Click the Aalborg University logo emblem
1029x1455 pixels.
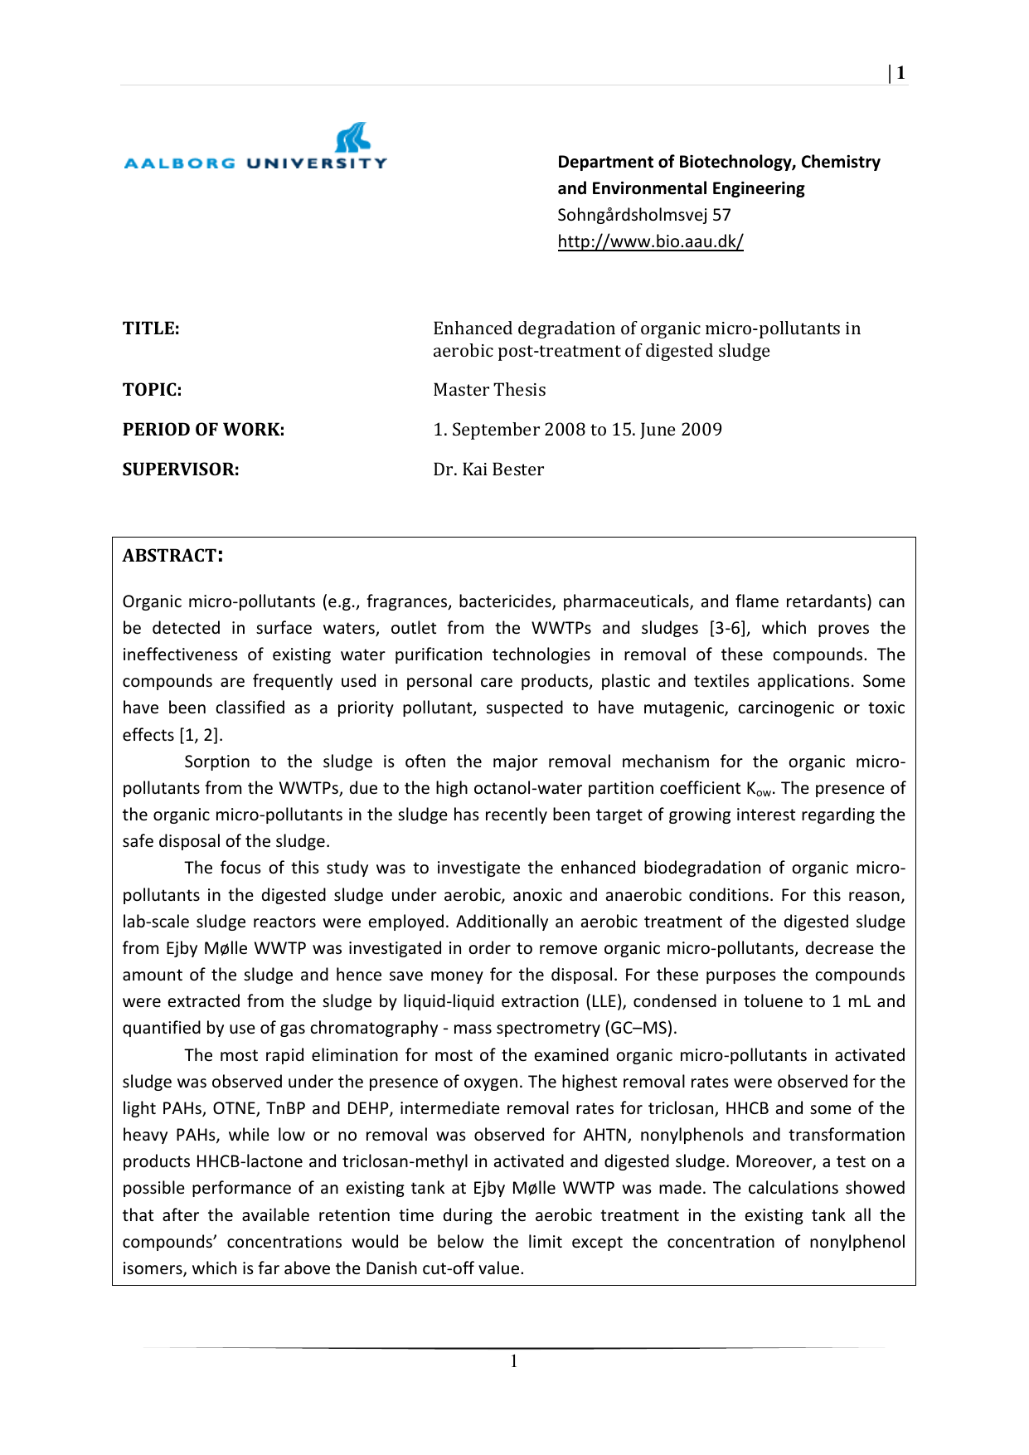coord(352,138)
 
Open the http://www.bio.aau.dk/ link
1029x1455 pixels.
coord(650,241)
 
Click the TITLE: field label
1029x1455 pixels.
coord(151,328)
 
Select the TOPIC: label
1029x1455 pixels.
coord(152,390)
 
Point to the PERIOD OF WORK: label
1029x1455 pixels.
coord(203,430)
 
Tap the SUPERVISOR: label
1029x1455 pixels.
coord(181,470)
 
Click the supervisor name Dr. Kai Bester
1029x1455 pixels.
coord(488,470)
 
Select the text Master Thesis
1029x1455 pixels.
coord(489,390)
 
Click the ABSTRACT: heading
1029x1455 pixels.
coord(172,556)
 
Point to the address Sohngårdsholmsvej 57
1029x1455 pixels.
coord(644,215)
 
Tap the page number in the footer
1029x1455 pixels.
coord(514,1361)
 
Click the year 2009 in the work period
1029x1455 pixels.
coord(701,430)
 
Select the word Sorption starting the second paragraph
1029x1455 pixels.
coord(217,762)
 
